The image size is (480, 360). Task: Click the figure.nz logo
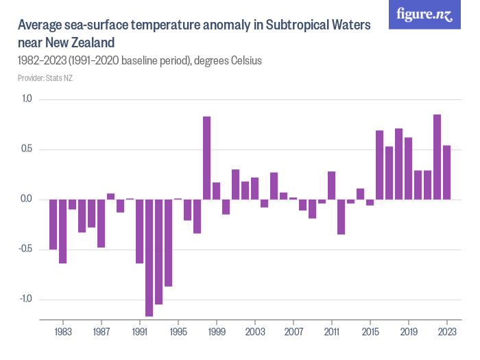pos(425,14)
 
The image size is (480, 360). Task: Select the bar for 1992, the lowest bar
pos(149,258)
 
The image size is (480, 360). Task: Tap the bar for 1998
pos(206,158)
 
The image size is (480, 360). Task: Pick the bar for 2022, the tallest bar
pos(437,157)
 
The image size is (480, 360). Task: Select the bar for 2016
pos(379,165)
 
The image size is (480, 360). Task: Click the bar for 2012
pos(341,217)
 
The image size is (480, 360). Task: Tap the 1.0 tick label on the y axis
pos(27,99)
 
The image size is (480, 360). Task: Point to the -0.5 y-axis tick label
pos(25,250)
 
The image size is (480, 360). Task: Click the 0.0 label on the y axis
pos(27,200)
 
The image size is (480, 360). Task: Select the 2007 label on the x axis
pos(293,331)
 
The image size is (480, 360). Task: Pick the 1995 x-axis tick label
pos(178,331)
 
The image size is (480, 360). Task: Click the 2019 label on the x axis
pos(408,331)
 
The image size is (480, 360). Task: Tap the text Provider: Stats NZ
pos(45,78)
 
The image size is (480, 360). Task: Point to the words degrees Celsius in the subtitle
pos(228,60)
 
